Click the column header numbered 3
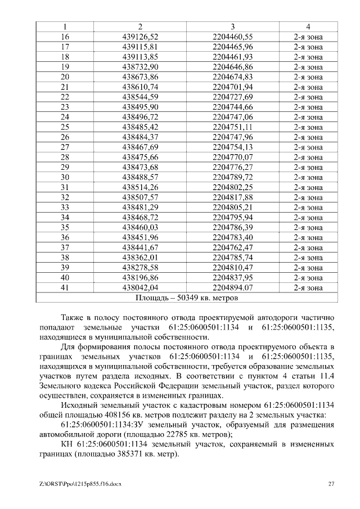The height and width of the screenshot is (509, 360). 232,27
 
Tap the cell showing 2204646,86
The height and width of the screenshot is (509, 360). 232,67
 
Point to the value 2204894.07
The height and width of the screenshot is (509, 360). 232,287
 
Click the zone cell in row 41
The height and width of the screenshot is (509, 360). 308,287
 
